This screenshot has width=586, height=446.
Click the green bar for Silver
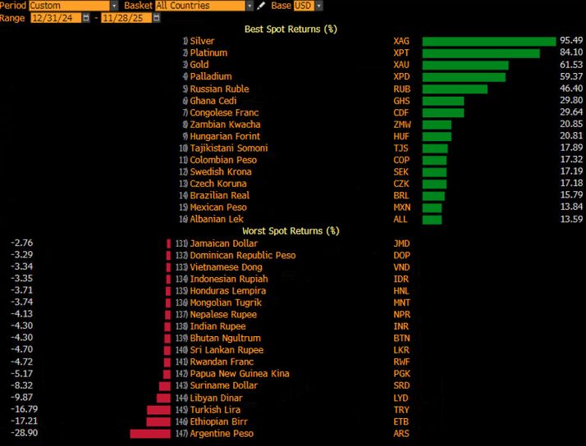[x=489, y=41]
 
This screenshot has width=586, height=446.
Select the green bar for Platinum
[x=481, y=53]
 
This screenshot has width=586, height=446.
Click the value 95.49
[x=571, y=41]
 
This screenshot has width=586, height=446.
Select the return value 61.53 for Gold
[x=571, y=65]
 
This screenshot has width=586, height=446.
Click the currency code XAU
[x=401, y=65]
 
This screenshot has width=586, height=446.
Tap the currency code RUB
[x=401, y=89]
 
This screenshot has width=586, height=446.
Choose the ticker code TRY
[x=401, y=410]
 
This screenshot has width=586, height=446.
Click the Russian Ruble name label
[x=219, y=89]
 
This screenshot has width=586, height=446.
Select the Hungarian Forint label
[x=225, y=136]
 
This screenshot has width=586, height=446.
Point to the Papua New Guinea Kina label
[x=240, y=374]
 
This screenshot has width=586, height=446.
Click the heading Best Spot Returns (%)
[x=291, y=30]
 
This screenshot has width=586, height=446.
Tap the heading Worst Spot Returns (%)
[x=291, y=231]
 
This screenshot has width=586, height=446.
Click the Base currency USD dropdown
[x=308, y=6]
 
